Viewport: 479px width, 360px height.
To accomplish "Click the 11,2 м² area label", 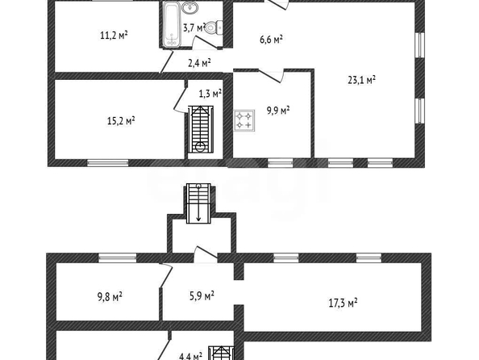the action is (114, 36).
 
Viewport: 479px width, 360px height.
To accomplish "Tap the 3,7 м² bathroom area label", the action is (194, 27).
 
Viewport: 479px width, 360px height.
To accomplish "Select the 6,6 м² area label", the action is (271, 40).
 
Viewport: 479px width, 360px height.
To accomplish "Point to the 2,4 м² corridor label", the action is (199, 63).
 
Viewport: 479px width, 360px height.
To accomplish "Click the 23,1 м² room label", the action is (362, 80).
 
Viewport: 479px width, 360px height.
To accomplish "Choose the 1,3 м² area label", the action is (210, 94).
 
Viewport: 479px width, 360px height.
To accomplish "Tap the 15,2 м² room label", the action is (121, 121).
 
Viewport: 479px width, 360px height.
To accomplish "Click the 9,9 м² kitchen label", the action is (278, 110).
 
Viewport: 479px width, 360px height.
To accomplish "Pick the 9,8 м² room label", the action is (110, 296).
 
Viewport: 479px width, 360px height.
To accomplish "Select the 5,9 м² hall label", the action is (202, 295).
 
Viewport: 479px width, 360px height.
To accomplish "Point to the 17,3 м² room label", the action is (343, 303).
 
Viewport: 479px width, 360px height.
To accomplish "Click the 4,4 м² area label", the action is (190, 356).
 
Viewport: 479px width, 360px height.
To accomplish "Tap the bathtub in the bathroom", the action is (172, 24).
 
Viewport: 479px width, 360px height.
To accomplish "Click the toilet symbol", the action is (214, 28).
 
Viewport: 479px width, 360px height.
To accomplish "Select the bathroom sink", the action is (190, 7).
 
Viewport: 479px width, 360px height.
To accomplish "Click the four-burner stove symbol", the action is (244, 120).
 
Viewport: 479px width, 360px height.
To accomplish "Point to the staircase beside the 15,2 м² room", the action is (201, 129).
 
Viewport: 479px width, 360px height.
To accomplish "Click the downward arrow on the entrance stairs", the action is (198, 203).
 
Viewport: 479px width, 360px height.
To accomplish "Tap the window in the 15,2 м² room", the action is (108, 162).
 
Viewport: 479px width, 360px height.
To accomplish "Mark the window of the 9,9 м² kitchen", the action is (281, 162).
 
